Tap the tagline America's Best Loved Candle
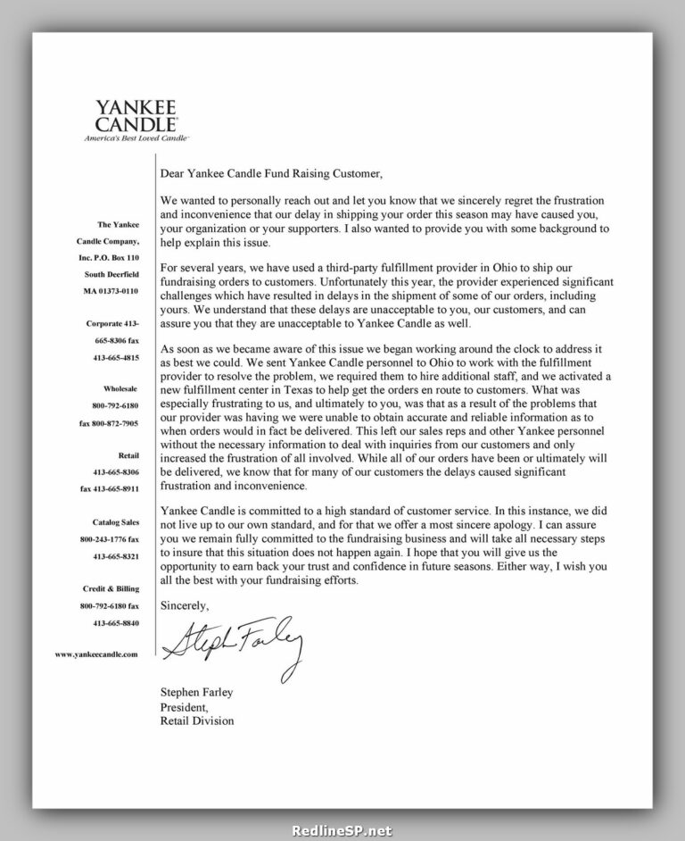(x=136, y=138)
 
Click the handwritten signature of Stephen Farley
(x=232, y=641)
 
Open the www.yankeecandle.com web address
(x=97, y=654)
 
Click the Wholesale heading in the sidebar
(x=120, y=389)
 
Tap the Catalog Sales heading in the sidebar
(x=116, y=522)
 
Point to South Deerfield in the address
(x=111, y=274)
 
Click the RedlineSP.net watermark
(x=342, y=829)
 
